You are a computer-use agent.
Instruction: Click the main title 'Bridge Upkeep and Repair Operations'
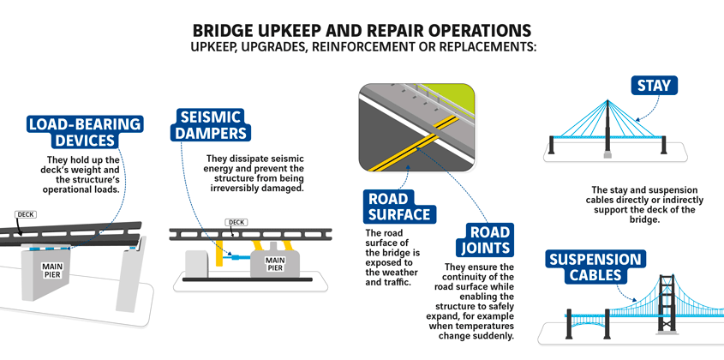click(x=362, y=31)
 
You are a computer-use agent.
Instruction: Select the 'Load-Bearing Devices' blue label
click(x=85, y=132)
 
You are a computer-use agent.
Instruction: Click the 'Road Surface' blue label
click(x=399, y=206)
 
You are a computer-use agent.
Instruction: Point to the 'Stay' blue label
click(x=655, y=86)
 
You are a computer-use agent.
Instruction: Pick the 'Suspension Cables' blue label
click(x=595, y=267)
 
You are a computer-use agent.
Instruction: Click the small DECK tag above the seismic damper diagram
click(x=236, y=222)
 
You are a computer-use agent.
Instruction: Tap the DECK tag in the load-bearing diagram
click(x=26, y=214)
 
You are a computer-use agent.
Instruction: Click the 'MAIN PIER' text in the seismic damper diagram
click(x=275, y=263)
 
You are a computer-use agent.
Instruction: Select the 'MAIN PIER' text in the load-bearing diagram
click(x=52, y=270)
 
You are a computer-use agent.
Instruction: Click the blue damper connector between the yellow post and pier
click(x=236, y=257)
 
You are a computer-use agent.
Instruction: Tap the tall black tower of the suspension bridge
click(x=667, y=303)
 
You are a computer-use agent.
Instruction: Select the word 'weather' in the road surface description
click(x=401, y=273)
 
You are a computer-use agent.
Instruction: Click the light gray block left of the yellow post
click(x=197, y=264)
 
